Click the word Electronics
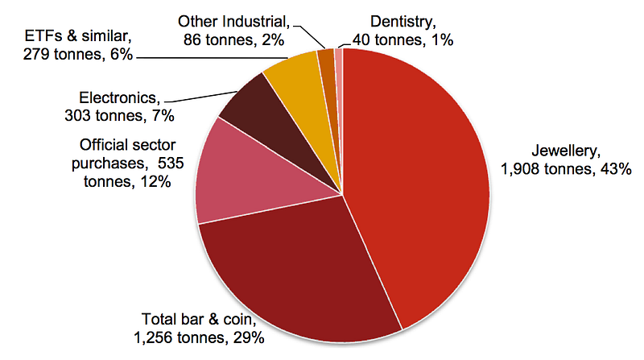click(x=118, y=97)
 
